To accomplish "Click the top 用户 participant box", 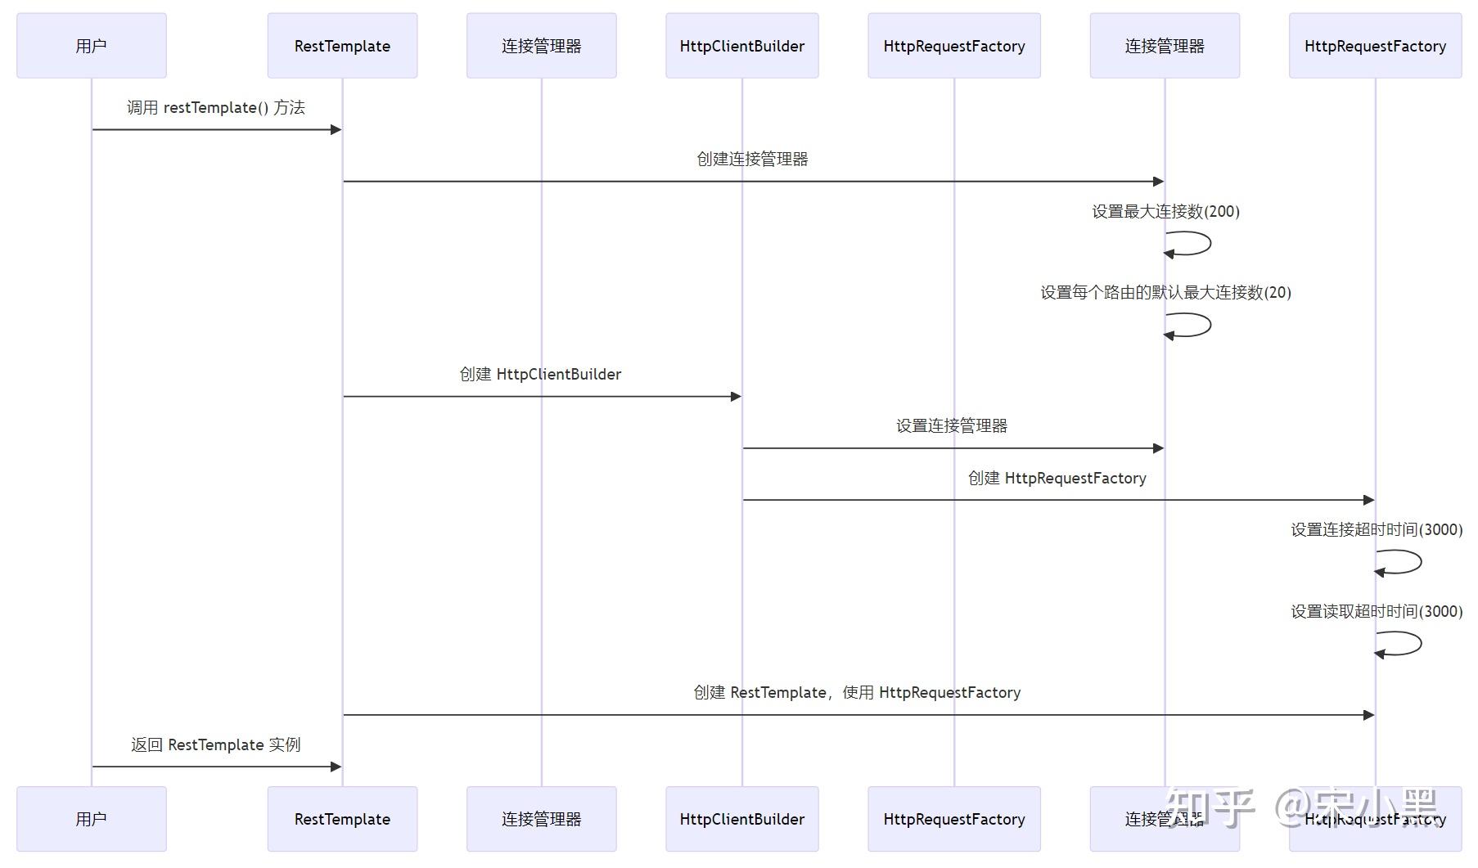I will coord(91,46).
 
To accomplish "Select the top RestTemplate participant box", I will coord(342,46).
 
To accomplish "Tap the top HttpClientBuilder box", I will coord(741,46).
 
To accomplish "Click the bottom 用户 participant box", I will coord(91,819).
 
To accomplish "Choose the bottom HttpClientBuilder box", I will coord(741,819).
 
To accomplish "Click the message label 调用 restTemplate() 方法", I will coord(215,108).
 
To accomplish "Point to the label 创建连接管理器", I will coord(752,160).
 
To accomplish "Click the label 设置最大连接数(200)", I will coord(1165,212).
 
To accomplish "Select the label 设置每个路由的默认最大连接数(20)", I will coord(1165,293).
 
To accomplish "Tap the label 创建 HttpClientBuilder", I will coord(540,375).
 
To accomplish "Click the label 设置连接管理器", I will coord(951,426).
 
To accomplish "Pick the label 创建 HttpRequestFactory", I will coord(1057,479).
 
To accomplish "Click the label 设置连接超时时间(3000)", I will coord(1377,530).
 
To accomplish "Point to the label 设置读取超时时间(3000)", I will coord(1377,612).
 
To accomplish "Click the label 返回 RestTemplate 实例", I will coord(215,745).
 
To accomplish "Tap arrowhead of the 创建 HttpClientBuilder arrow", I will coord(736,397).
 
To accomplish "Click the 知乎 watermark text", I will coord(1210,807).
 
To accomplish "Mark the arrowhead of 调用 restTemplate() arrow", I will coord(336,129).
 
